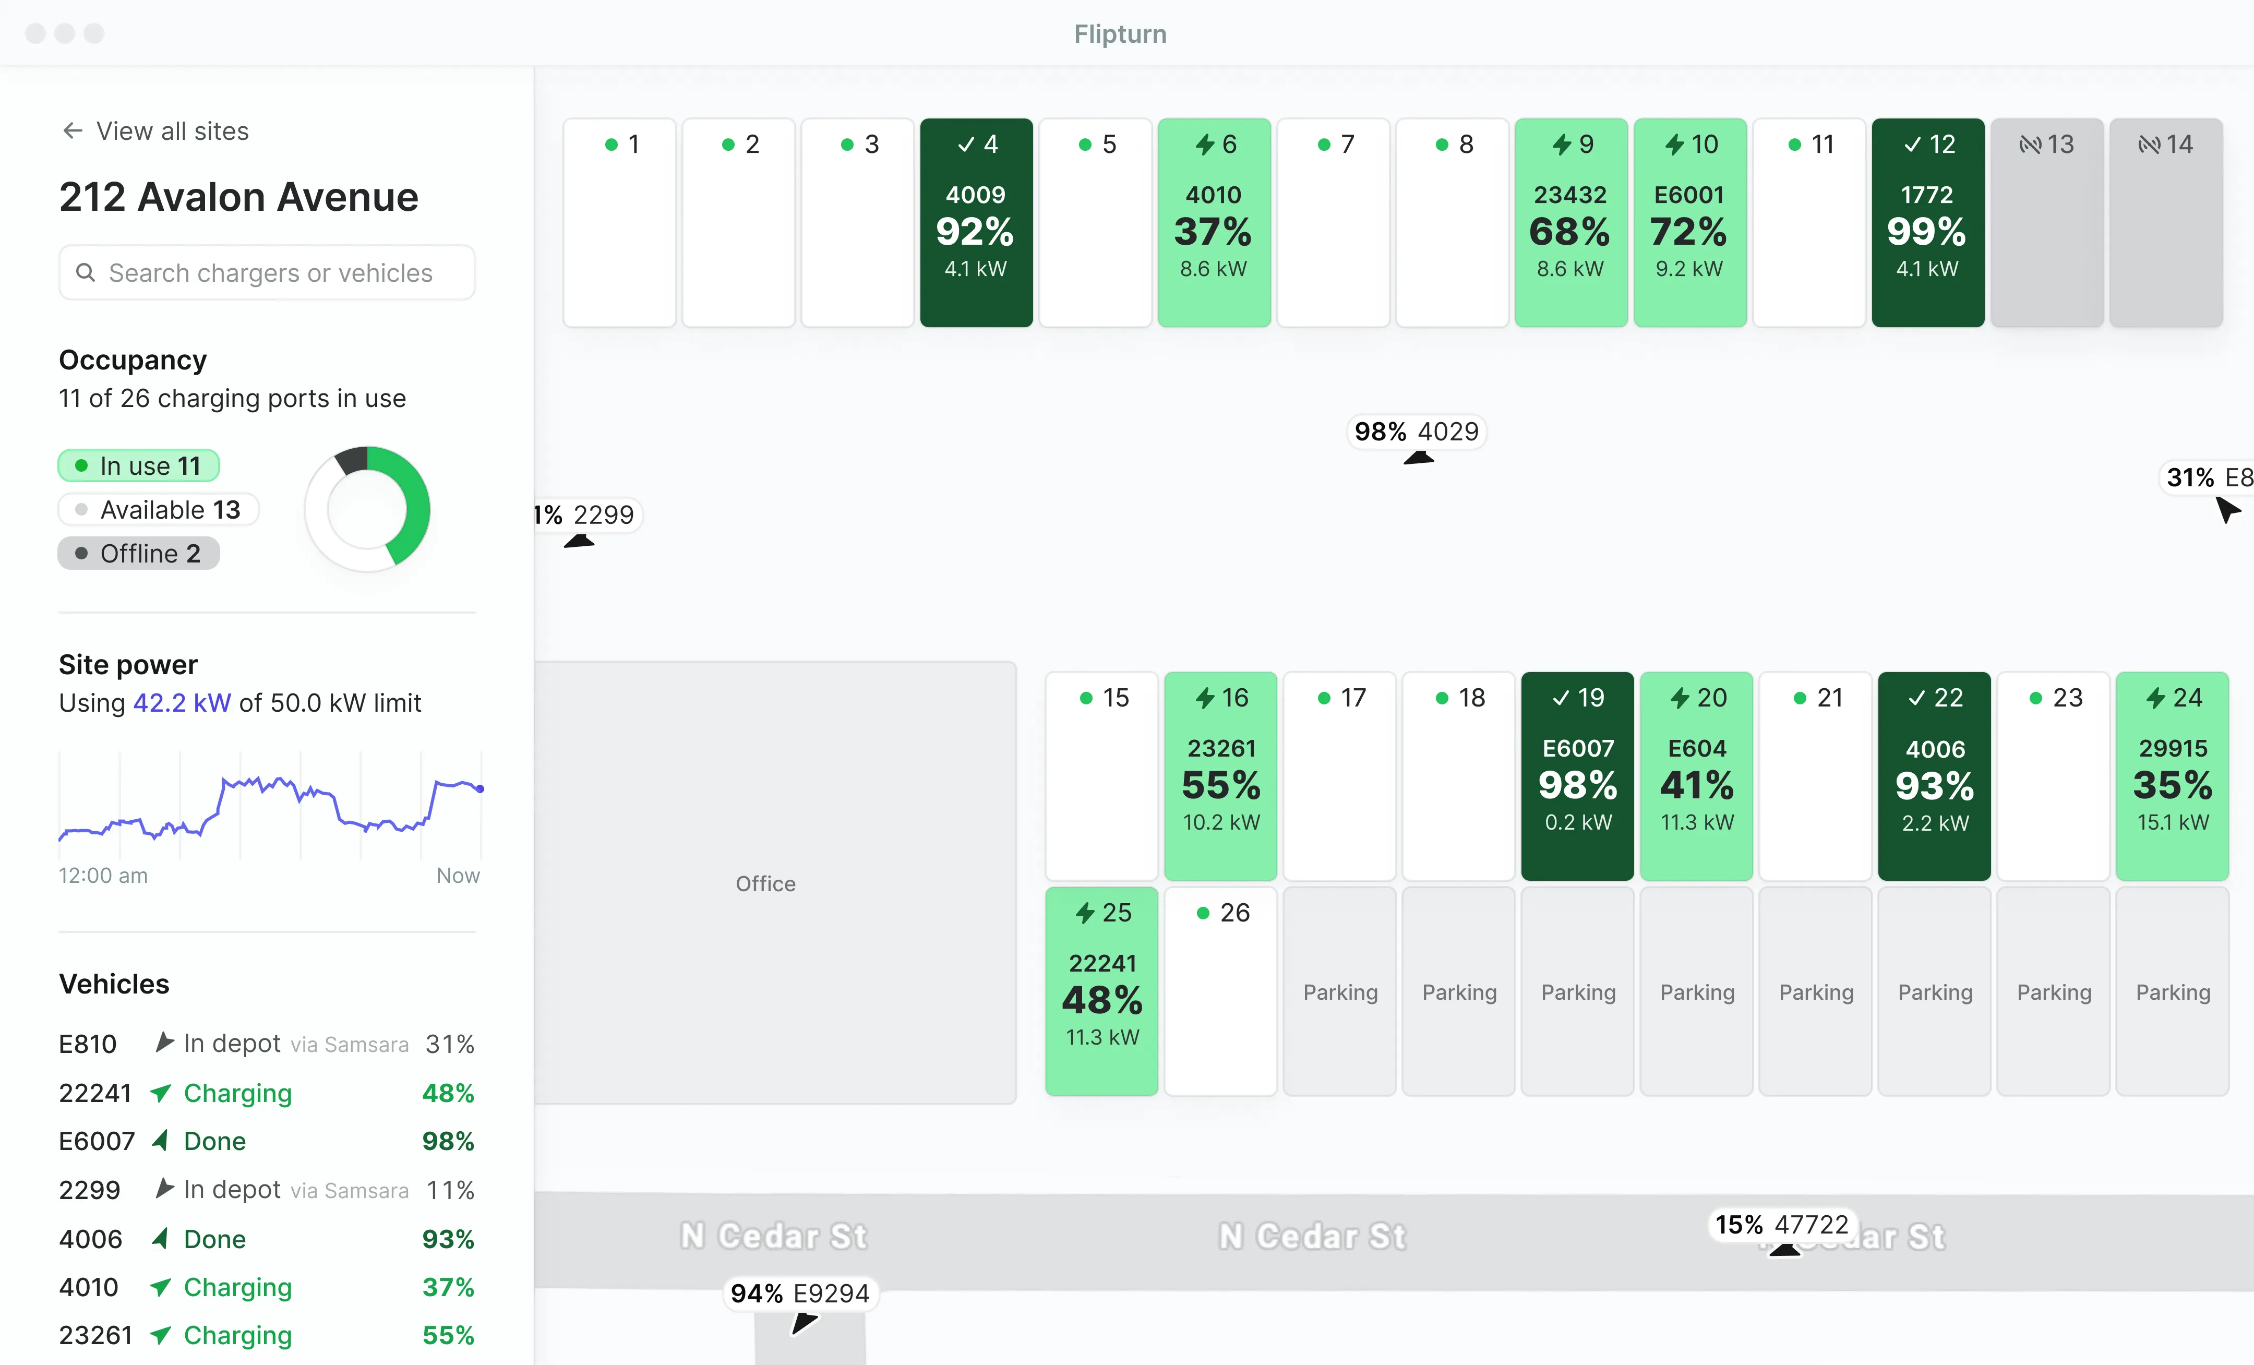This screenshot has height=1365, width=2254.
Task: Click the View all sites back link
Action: [x=155, y=131]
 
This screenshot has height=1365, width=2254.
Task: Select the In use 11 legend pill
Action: [x=139, y=465]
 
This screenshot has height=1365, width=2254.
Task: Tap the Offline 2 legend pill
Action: [x=139, y=554]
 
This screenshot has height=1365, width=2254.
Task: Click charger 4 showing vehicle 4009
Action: [x=976, y=222]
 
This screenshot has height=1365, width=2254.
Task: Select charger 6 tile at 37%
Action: [x=1214, y=222]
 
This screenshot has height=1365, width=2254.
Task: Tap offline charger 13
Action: [x=2046, y=222]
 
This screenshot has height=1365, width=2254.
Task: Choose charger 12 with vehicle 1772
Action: [x=1927, y=222]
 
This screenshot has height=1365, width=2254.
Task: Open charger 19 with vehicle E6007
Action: [x=1577, y=776]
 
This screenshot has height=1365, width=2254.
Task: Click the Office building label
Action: [x=765, y=884]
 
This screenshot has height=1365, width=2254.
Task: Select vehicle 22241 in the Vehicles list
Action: [x=95, y=1093]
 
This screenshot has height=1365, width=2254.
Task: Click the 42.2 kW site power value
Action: [x=182, y=703]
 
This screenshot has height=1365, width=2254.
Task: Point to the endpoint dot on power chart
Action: [x=480, y=788]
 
